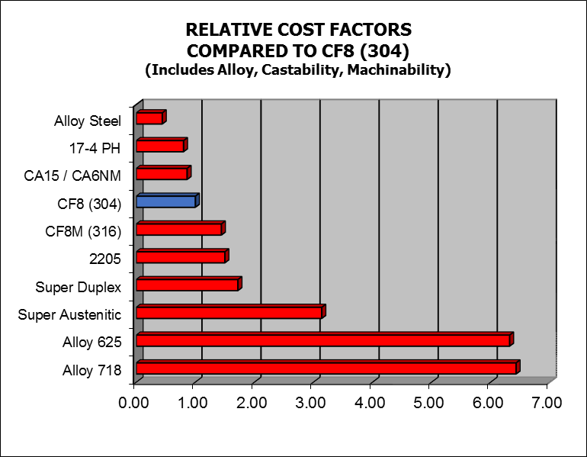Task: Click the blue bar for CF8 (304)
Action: pyautogui.click(x=167, y=201)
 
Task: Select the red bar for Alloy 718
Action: pyautogui.click(x=327, y=368)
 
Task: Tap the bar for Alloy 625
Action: pyautogui.click(x=324, y=340)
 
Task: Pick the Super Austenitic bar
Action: pyautogui.click(x=229, y=312)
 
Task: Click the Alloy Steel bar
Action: pyautogui.click(x=150, y=118)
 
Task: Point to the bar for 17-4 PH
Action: pyautogui.click(x=161, y=146)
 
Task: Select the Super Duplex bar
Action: pyautogui.click(x=188, y=285)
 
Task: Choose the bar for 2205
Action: pyautogui.click(x=181, y=257)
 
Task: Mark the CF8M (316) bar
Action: pyautogui.click(x=180, y=229)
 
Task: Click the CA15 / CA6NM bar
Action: pyautogui.click(x=162, y=174)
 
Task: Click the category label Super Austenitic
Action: pyautogui.click(x=69, y=314)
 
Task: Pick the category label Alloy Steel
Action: pyautogui.click(x=88, y=121)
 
